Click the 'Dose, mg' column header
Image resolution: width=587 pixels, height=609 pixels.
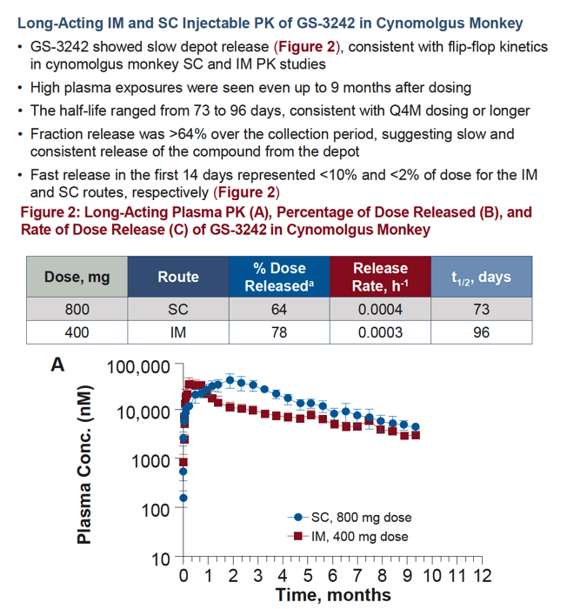click(x=77, y=277)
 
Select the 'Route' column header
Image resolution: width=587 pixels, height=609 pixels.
click(x=178, y=277)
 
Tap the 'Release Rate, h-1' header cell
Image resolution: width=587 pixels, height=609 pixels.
click(x=380, y=277)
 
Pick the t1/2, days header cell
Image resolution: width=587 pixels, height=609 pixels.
click(x=482, y=277)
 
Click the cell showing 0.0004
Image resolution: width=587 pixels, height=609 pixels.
click(x=380, y=310)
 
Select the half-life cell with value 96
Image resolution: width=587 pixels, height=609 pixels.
click(x=482, y=332)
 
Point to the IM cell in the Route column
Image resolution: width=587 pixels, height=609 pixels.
click(x=178, y=332)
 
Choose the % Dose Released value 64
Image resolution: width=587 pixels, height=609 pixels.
click(x=279, y=310)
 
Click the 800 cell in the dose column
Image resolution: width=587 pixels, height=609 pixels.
click(x=77, y=310)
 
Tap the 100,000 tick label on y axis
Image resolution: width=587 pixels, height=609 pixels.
click(x=138, y=367)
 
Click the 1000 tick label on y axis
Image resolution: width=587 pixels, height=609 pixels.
click(x=150, y=461)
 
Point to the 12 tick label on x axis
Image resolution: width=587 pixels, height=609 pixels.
click(x=482, y=576)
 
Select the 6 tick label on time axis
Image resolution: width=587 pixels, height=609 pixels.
click(x=332, y=576)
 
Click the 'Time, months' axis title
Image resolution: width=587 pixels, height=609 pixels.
click(x=333, y=595)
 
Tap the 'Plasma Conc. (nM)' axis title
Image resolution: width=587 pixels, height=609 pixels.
click(x=84, y=465)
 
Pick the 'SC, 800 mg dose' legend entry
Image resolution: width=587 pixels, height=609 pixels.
click(x=350, y=518)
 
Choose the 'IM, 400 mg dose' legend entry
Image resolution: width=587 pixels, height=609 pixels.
click(x=348, y=537)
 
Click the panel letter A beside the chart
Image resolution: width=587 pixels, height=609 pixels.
click(x=58, y=365)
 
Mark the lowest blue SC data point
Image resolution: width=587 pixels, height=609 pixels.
click(x=183, y=498)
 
